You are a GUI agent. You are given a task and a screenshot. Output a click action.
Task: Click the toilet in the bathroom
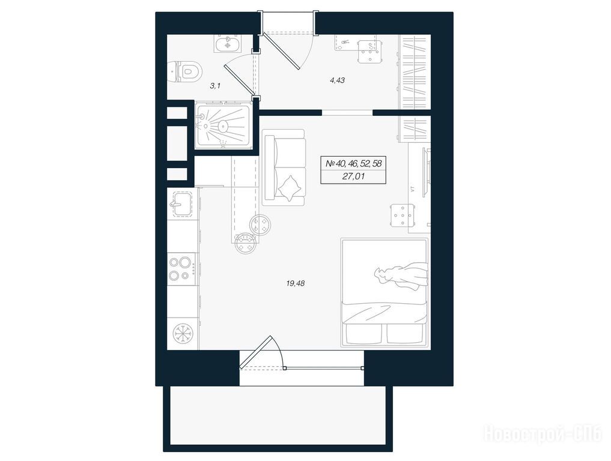pos(187,71)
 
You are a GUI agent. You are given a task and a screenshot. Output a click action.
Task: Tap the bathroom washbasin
pos(227,43)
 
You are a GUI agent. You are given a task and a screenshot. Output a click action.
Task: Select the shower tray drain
pos(222,125)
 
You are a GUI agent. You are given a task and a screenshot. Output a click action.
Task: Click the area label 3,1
pos(215,86)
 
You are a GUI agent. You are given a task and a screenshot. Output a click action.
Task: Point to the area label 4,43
pos(338,80)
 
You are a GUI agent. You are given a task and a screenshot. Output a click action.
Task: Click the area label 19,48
pos(296,283)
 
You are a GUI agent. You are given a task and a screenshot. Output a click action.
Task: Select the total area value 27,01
pos(354,176)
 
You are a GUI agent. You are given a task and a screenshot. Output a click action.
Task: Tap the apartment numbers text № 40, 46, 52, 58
pos(353,163)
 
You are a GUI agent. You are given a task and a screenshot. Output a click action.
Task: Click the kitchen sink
pos(181,203)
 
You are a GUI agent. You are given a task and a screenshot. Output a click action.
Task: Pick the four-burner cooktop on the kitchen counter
pos(182,268)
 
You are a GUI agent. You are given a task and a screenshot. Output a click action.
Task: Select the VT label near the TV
pos(412,190)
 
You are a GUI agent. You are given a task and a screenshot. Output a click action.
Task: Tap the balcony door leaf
pos(255,352)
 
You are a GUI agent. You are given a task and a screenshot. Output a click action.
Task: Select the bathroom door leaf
pos(239,80)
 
